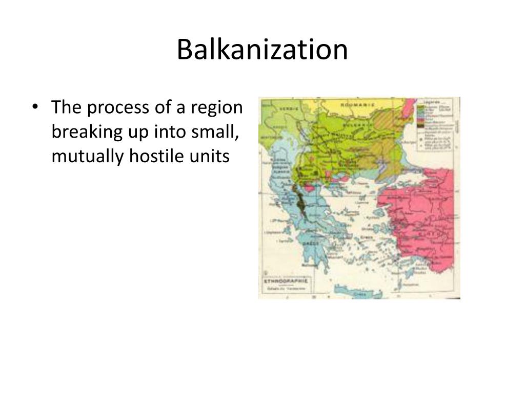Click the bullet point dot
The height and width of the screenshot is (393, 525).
[x=35, y=108]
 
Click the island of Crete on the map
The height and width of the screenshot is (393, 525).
[x=359, y=293]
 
